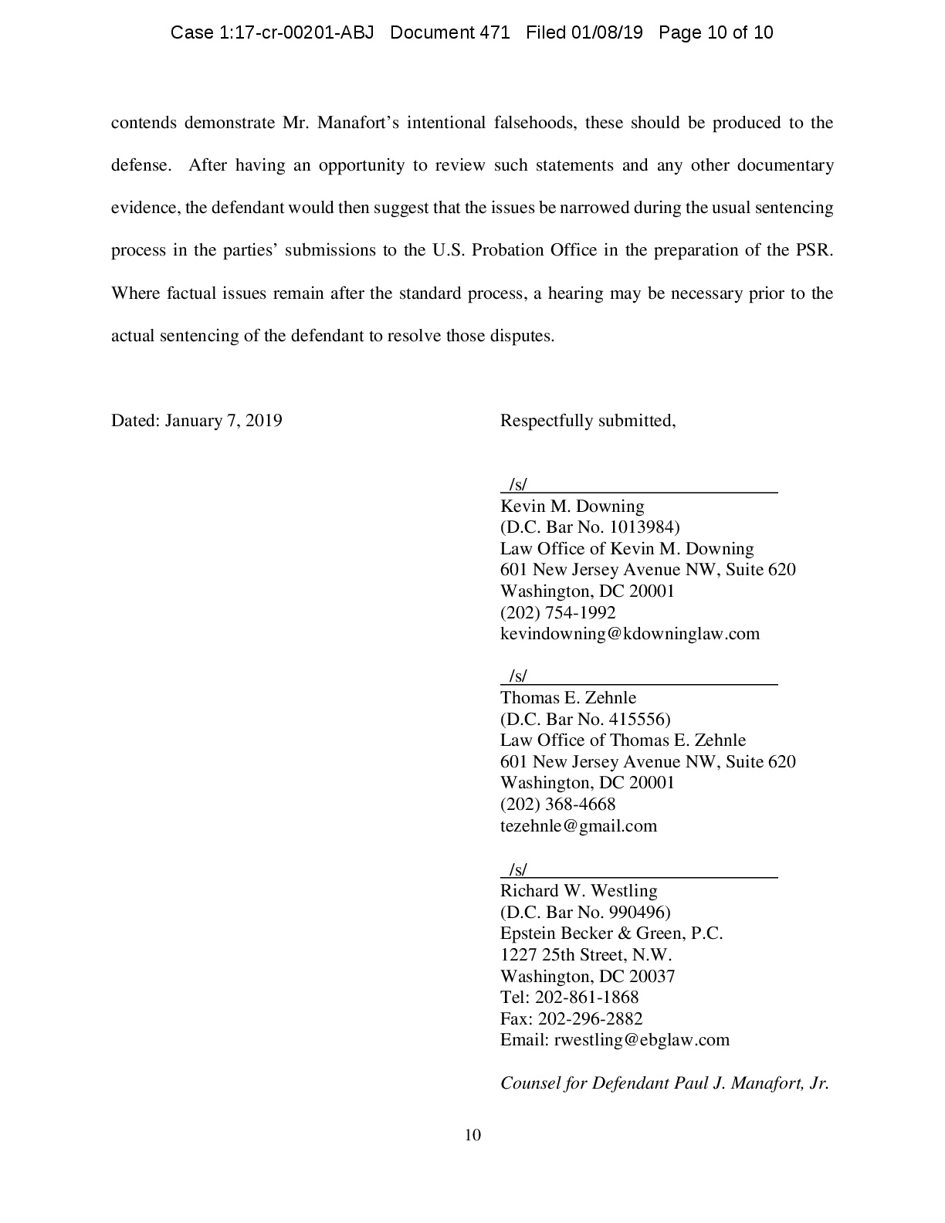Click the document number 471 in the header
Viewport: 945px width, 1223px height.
pyautogui.click(x=494, y=32)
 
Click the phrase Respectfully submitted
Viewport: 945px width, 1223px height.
pyautogui.click(x=588, y=421)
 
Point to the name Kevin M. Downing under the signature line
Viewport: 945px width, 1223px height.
pyautogui.click(x=572, y=506)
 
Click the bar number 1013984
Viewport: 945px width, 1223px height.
pyautogui.click(x=644, y=527)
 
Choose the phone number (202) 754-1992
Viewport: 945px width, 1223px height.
pyautogui.click(x=557, y=613)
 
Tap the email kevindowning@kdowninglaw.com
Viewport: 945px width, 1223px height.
pyautogui.click(x=630, y=634)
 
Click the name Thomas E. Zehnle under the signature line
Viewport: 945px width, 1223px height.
pyautogui.click(x=568, y=698)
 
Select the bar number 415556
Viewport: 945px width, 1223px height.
pyautogui.click(x=639, y=720)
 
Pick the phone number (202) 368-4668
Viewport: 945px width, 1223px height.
pyautogui.click(x=557, y=805)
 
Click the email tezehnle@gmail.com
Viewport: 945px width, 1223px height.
pyautogui.click(x=578, y=826)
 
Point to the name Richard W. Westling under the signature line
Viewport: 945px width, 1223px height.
pyautogui.click(x=578, y=891)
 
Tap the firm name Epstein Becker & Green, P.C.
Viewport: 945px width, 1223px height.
pyautogui.click(x=611, y=933)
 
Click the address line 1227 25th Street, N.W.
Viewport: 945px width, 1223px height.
pyautogui.click(x=586, y=955)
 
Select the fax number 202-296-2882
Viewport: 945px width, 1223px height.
pyautogui.click(x=590, y=1019)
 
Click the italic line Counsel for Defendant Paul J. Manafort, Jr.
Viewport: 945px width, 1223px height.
pyautogui.click(x=664, y=1083)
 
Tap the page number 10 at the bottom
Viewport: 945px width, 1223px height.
pyautogui.click(x=472, y=1135)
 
